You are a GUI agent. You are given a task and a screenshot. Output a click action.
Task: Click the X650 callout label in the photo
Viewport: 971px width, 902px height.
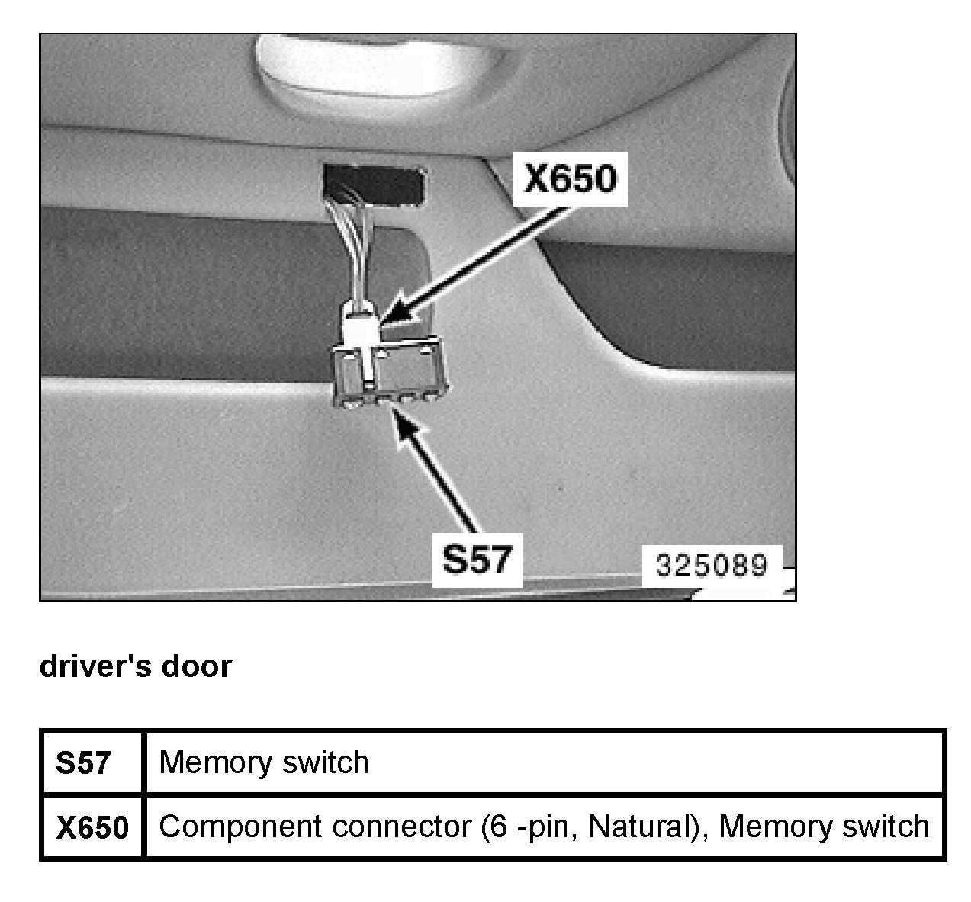[x=569, y=179]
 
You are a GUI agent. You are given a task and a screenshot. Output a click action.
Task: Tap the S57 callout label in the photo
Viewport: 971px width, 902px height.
[x=477, y=560]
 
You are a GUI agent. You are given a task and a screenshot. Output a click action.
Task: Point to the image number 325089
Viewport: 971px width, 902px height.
[x=711, y=565]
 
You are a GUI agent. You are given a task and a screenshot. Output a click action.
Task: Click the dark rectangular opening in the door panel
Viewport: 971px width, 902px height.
[x=374, y=184]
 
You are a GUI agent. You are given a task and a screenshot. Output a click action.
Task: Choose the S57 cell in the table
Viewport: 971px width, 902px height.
[x=83, y=762]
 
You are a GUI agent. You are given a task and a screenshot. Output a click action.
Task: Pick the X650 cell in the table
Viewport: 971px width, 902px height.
[x=92, y=827]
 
